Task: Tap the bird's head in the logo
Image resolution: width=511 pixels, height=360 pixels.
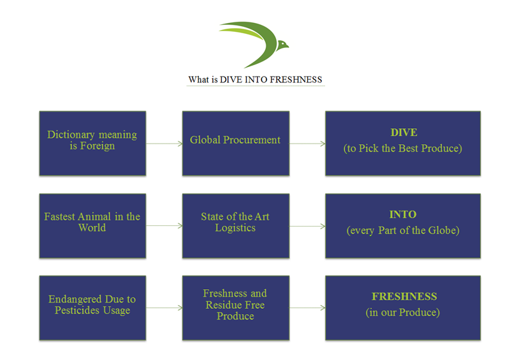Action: [x=282, y=44]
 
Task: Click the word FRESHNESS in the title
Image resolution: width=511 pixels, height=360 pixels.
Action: [x=296, y=80]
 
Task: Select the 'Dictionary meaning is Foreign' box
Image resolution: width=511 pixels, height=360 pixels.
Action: [x=93, y=144]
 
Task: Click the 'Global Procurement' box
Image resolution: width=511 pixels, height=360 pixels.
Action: [x=236, y=144]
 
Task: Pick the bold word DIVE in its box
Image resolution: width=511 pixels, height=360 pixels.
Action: [x=404, y=132]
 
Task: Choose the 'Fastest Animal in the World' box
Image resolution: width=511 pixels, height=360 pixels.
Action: [x=93, y=226]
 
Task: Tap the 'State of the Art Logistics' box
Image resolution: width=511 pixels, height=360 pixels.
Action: [x=236, y=226]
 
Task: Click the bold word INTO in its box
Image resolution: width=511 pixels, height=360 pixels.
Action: [x=403, y=214]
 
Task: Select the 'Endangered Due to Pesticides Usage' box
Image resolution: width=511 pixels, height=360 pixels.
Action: [x=93, y=308]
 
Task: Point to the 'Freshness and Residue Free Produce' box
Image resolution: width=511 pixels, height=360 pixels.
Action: [x=236, y=308]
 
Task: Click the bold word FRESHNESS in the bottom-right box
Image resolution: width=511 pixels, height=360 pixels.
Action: [x=404, y=296]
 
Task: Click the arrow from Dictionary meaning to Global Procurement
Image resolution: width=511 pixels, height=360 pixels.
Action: [x=164, y=144]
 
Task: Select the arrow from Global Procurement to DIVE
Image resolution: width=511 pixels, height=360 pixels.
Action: [x=307, y=144]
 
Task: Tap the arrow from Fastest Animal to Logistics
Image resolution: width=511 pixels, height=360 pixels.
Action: [x=164, y=226]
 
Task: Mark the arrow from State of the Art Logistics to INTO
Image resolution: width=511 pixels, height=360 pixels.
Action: [x=307, y=226]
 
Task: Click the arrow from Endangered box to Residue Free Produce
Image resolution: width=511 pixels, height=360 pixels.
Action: [x=164, y=308]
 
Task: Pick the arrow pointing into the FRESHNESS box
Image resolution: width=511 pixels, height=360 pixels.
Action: [x=307, y=308]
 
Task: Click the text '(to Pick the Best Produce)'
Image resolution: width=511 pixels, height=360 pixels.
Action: [x=403, y=148]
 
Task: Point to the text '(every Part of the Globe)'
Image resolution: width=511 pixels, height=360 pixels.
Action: [x=403, y=230]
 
